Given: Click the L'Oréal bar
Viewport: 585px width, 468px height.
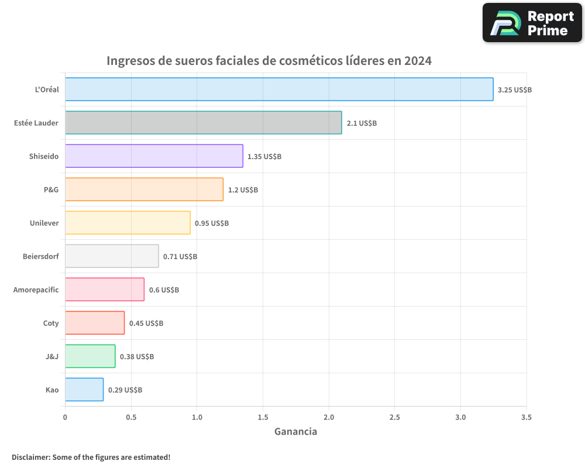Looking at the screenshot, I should [x=279, y=90].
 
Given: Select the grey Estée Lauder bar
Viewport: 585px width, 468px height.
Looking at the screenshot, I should [x=203, y=123].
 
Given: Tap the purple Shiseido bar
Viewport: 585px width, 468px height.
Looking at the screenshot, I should [x=154, y=156].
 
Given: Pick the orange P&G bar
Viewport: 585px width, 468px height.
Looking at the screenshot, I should [x=144, y=190].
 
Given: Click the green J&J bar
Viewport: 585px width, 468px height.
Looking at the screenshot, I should [x=90, y=356].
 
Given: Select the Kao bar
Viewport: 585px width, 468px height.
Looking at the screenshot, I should [x=84, y=390].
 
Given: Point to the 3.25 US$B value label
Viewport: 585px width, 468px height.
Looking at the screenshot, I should [x=514, y=90].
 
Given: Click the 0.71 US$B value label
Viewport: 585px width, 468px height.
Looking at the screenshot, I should [x=180, y=257].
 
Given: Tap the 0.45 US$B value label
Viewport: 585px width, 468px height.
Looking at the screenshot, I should [x=146, y=324].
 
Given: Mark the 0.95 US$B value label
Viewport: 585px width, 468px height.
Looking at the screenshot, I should [x=212, y=223].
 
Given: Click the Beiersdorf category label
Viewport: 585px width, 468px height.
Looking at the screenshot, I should [x=41, y=257].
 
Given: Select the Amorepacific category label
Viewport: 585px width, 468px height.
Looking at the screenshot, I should [x=36, y=290].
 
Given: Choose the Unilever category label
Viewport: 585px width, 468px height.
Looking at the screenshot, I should [x=44, y=223].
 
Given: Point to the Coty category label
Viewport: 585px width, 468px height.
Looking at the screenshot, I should [x=51, y=324].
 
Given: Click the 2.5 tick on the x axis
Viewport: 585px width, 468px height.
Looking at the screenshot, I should [x=394, y=418].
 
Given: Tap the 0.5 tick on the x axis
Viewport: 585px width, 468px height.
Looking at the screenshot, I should [x=131, y=418].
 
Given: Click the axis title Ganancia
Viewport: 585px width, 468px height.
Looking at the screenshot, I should [x=295, y=432].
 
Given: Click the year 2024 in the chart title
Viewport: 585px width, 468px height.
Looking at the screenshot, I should [x=417, y=61].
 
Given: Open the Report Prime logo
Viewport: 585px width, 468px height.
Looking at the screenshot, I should [x=532, y=23].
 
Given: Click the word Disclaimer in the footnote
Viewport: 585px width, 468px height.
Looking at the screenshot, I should [x=31, y=457].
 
